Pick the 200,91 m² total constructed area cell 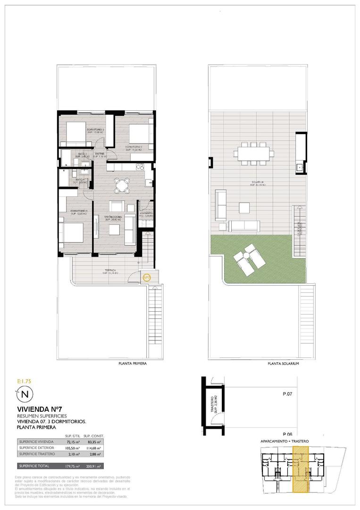pyautogui.click(x=94, y=466)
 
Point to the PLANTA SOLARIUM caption pyautogui.click(x=283, y=364)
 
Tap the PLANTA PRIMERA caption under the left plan pyautogui.click(x=132, y=364)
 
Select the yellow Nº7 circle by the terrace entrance pyautogui.click(x=147, y=278)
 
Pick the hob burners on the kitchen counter pyautogui.click(x=140, y=166)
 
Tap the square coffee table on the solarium pyautogui.click(x=244, y=208)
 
